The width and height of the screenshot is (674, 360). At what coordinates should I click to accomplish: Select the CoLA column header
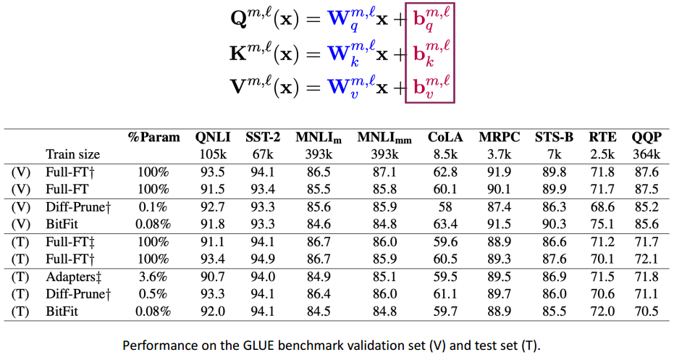[442, 138]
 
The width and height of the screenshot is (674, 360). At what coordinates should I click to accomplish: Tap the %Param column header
[153, 138]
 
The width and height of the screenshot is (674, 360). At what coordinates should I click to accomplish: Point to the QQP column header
[645, 138]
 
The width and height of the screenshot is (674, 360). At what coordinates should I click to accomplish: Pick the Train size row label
[72, 154]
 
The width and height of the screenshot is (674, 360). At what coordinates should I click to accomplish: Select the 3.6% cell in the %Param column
[153, 277]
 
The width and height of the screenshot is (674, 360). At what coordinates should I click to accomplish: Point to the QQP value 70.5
[645, 312]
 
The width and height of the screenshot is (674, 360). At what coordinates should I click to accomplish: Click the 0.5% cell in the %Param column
[153, 295]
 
